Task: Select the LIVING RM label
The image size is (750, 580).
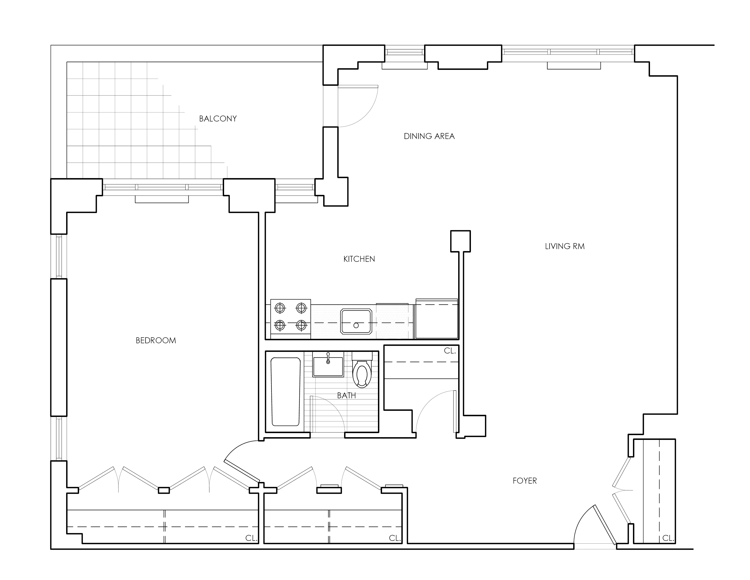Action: coord(565,246)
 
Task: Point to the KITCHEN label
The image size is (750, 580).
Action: coord(359,259)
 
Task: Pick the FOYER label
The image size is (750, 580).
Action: coord(524,481)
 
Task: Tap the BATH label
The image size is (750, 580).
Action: coord(346,396)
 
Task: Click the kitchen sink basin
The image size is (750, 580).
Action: coord(356,321)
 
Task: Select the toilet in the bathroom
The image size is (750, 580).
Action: coord(362,371)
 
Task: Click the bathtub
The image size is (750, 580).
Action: coord(285,392)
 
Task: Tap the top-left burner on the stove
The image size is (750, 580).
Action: coord(280,308)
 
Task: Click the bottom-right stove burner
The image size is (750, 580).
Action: coord(301,325)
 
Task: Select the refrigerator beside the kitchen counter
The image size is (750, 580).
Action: coord(436,319)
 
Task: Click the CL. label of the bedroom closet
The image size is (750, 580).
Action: coord(251,538)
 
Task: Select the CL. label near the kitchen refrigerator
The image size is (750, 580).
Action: coord(450,351)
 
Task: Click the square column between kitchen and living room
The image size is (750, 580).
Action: coord(460,241)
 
